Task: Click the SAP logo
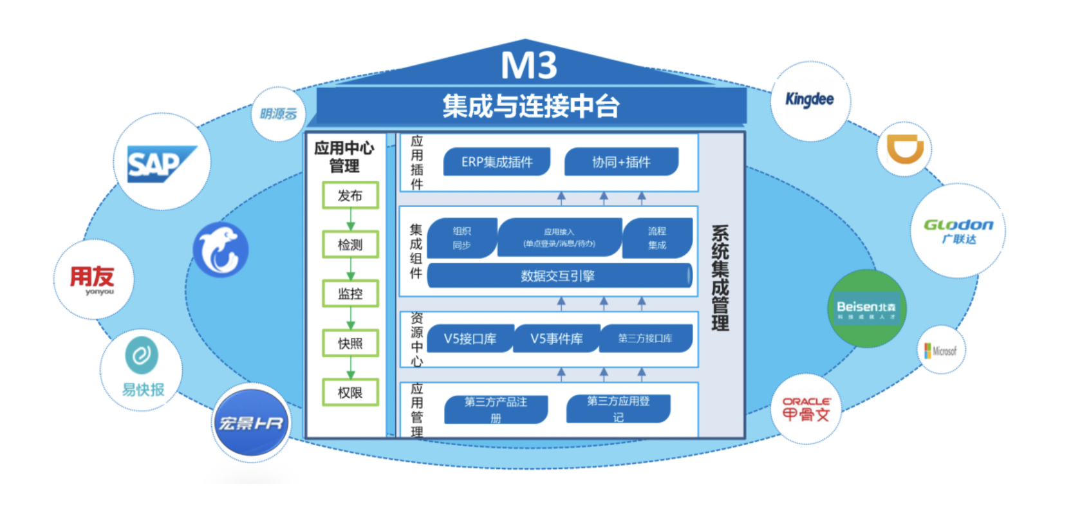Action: [x=161, y=163]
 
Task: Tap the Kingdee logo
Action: [x=810, y=100]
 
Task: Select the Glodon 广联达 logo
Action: [x=958, y=230]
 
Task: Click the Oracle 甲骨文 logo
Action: [x=806, y=409]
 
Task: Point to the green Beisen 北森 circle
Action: [x=866, y=309]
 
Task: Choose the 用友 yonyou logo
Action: [x=93, y=279]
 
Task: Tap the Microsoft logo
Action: [x=941, y=351]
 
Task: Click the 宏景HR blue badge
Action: [x=251, y=423]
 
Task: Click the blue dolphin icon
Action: [x=221, y=250]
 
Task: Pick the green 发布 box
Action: [x=350, y=196]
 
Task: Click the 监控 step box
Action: [x=350, y=294]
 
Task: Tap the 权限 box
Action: [x=350, y=392]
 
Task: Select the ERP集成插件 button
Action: [x=497, y=162]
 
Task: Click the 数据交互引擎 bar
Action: [x=558, y=276]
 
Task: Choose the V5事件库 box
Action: [x=557, y=338]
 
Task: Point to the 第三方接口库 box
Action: [x=645, y=338]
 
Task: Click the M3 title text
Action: [x=529, y=65]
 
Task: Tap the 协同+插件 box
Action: [x=621, y=162]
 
